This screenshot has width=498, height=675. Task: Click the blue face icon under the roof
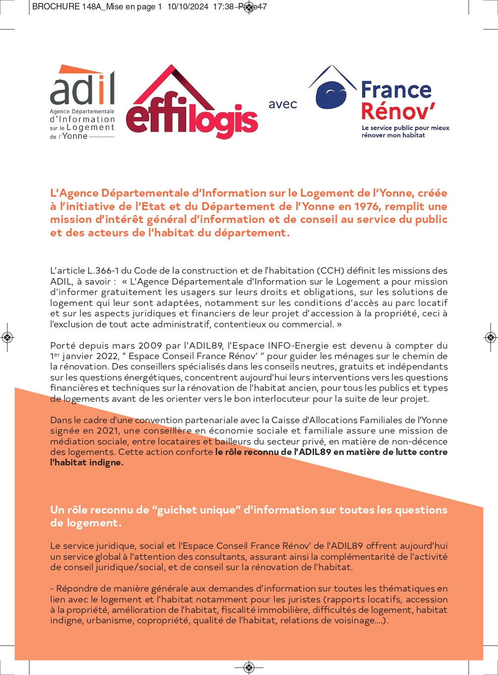pos(331,94)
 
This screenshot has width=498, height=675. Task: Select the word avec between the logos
pos(283,104)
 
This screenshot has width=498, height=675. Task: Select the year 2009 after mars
pos(150,346)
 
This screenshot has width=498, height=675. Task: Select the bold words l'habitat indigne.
pos(87,462)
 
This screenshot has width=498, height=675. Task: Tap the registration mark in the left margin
pos(7,338)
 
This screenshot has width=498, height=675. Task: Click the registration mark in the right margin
pos(490,338)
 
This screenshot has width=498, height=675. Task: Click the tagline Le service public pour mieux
pos(405,128)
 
